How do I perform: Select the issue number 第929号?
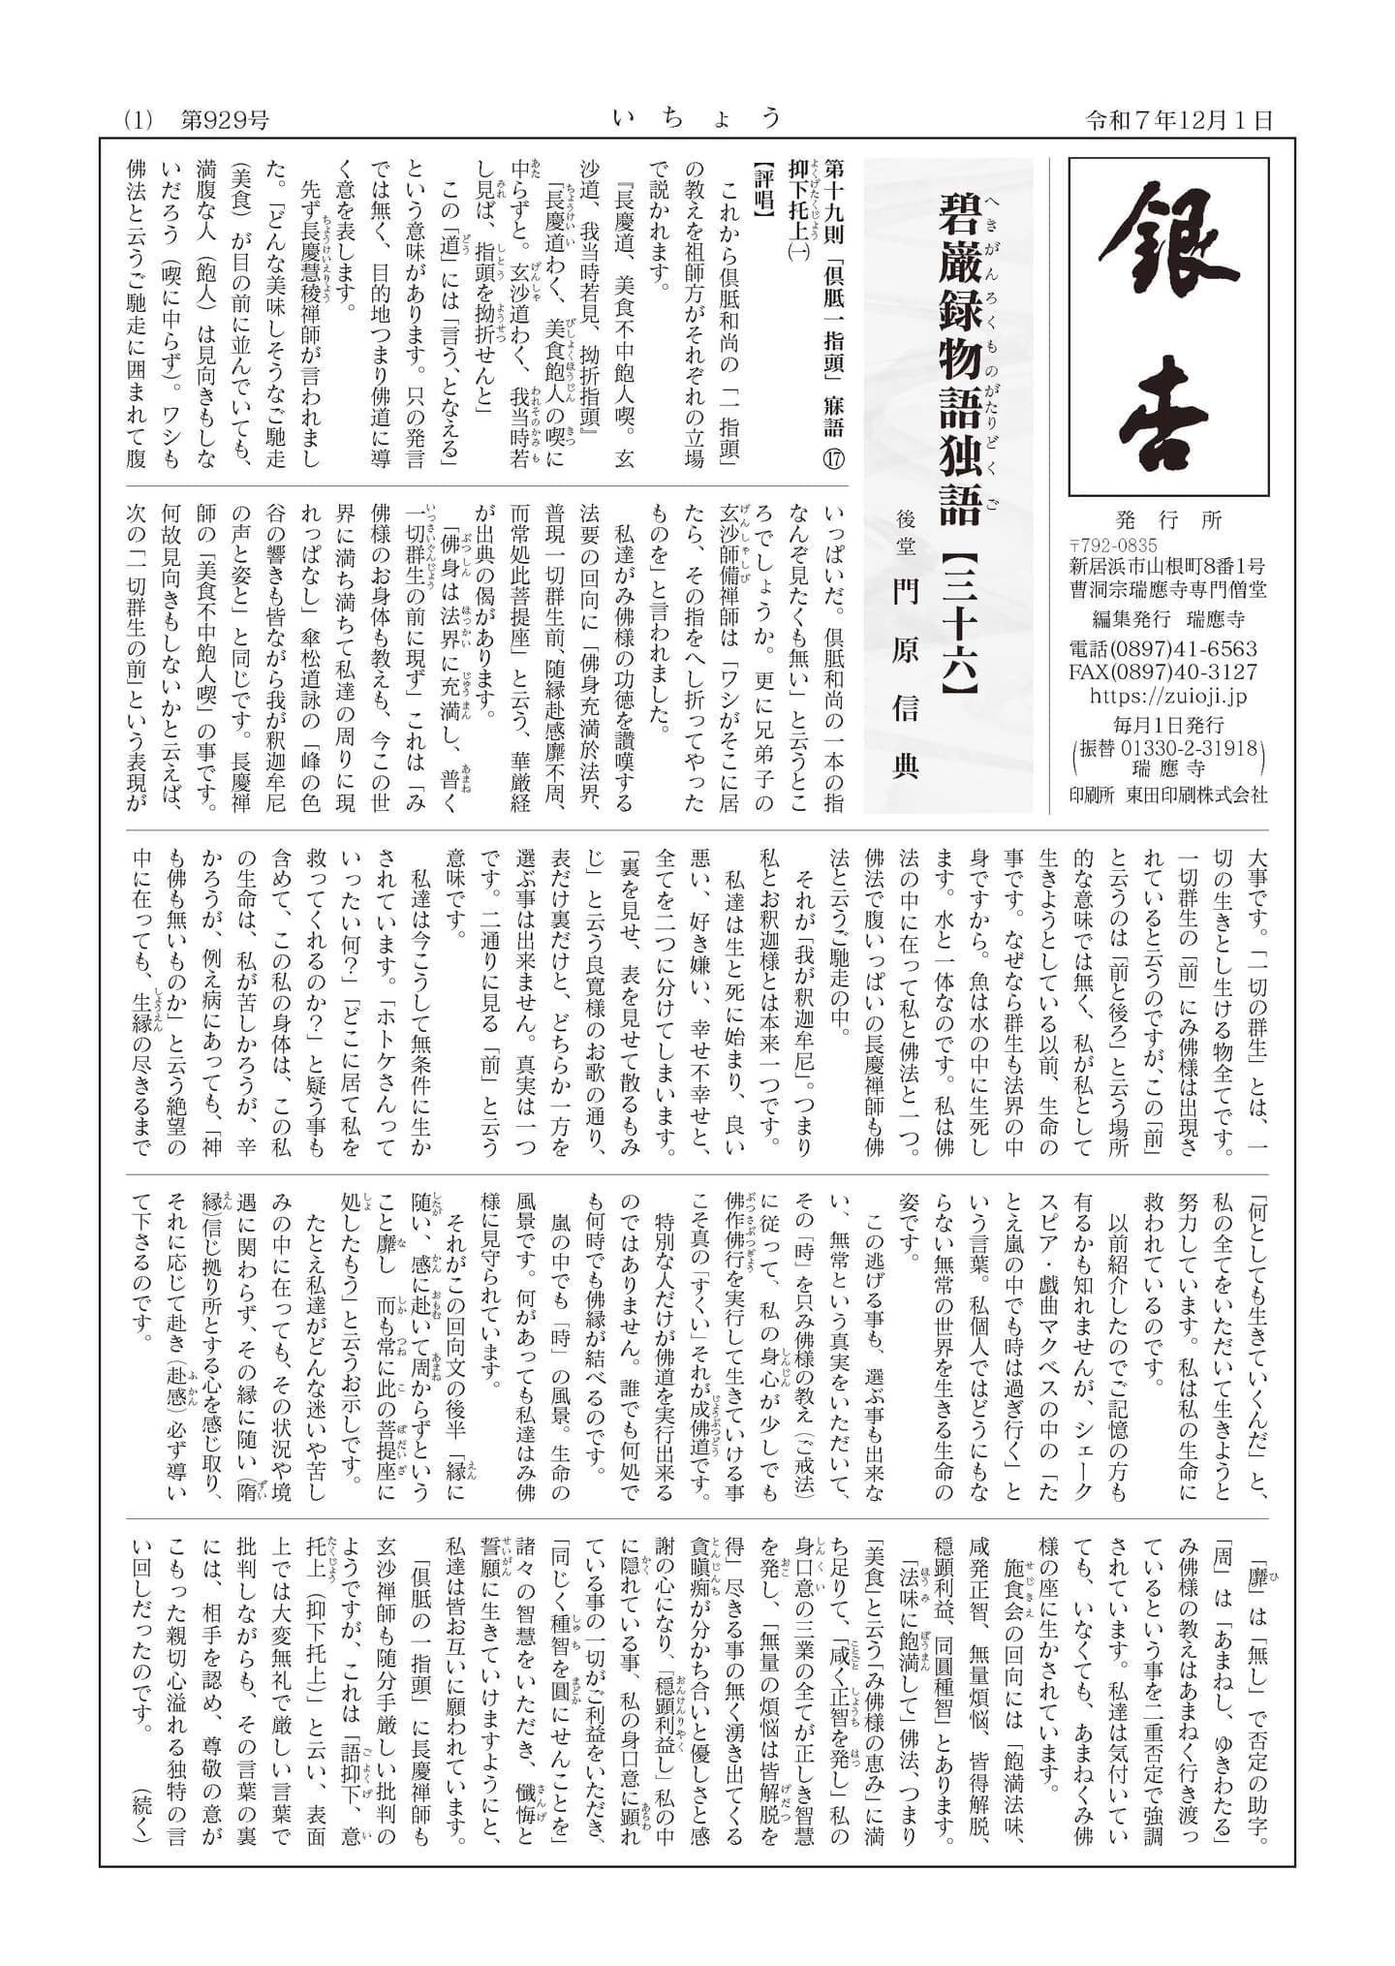225,120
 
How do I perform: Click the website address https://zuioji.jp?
1168,696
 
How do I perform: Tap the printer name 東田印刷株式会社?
1196,794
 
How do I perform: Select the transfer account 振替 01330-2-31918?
1168,747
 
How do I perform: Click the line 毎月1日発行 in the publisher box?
1168,724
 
